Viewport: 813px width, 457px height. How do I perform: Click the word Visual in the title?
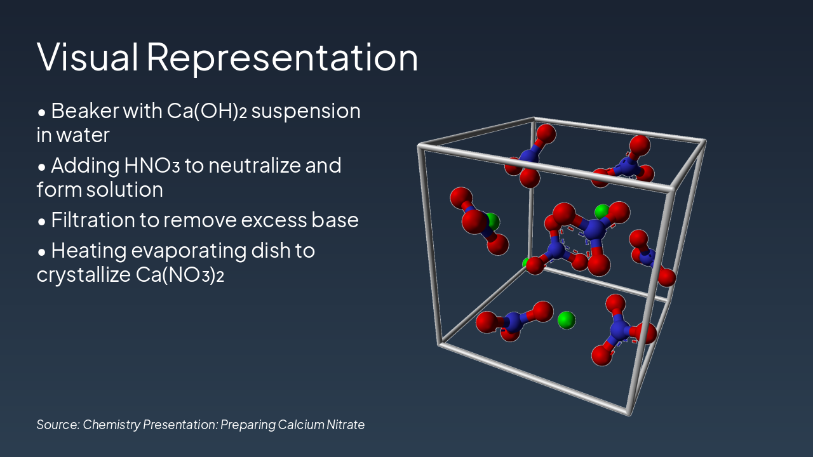point(87,57)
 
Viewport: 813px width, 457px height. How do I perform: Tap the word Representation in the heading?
point(283,58)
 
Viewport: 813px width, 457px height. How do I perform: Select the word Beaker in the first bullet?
point(85,110)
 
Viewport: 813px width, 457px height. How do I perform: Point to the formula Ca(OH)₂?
point(207,111)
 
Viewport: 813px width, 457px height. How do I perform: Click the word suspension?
point(306,112)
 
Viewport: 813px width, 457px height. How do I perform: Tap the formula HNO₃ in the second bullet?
point(152,166)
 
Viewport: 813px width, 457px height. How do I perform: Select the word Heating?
point(88,251)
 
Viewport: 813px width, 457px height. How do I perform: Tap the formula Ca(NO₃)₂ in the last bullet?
point(180,275)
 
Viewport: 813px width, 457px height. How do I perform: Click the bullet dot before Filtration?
point(42,222)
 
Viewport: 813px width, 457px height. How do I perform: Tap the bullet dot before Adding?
point(42,167)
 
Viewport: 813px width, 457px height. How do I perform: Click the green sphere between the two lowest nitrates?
point(566,320)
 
